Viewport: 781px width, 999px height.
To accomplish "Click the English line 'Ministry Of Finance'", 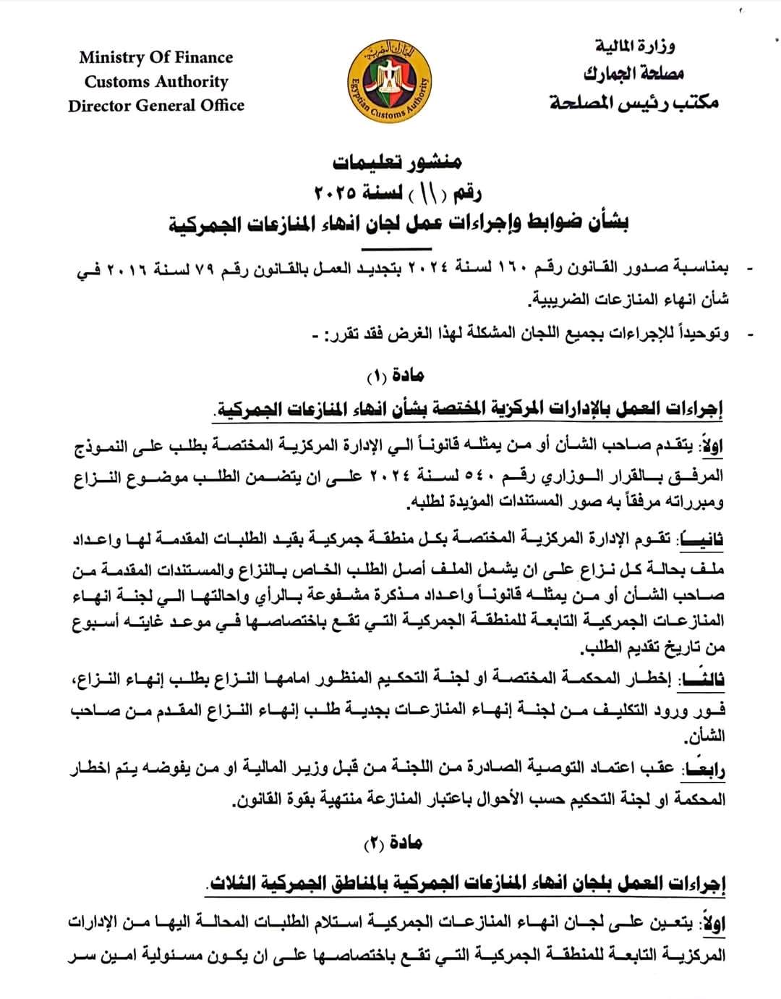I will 156,57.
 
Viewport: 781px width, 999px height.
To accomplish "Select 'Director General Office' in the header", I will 156,105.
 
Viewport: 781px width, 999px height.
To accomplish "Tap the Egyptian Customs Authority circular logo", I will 390,81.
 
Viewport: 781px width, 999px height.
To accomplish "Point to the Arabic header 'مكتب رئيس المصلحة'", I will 634,102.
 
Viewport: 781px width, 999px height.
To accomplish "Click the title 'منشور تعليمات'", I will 397,162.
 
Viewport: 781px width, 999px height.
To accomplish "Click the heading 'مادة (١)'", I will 396,375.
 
